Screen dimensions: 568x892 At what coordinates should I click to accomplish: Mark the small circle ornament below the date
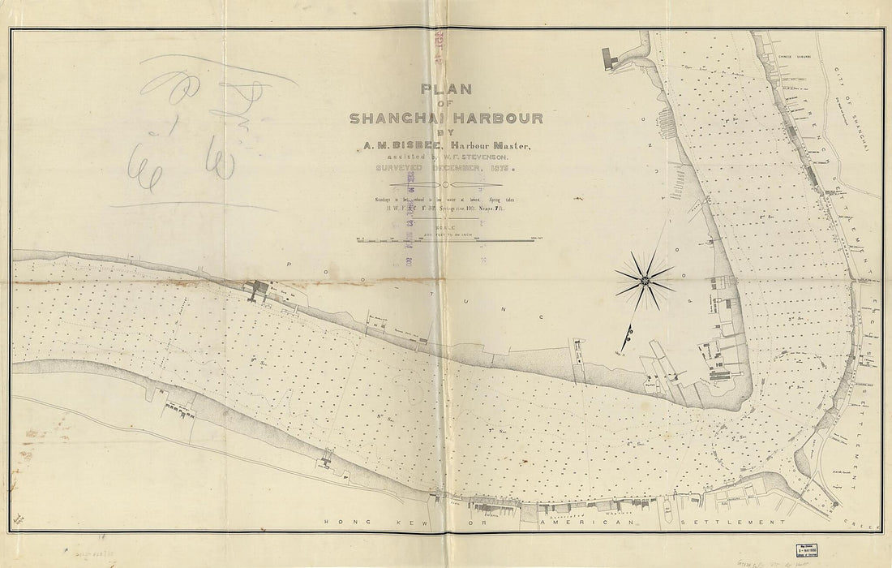coord(444,186)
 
